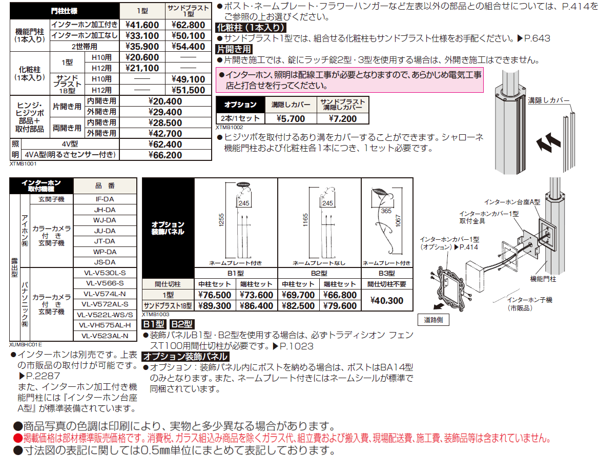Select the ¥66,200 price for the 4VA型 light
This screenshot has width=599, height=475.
point(165,155)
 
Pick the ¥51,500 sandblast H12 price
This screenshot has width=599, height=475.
point(188,90)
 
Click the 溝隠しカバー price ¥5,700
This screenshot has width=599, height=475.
point(291,118)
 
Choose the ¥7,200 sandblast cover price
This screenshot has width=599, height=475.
point(342,118)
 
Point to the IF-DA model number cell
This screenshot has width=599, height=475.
point(105,199)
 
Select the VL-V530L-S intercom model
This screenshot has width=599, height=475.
point(105,273)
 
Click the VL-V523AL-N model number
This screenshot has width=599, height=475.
point(105,336)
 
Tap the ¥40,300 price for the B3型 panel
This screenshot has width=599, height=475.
point(387,301)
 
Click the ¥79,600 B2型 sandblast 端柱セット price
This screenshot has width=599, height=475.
point(340,306)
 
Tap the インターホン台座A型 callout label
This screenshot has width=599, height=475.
point(512,202)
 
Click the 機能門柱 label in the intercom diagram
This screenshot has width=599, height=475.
point(543,280)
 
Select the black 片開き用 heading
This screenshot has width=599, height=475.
point(234,49)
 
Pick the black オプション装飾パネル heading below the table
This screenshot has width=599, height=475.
point(185,357)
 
